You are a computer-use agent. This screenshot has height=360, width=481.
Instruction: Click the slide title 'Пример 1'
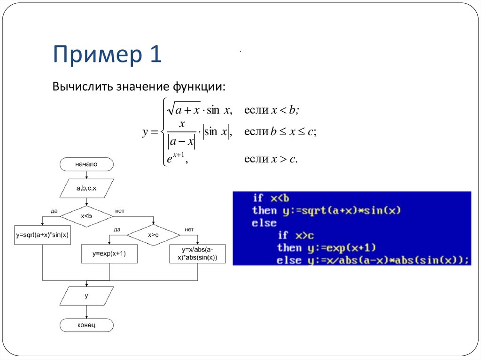click(x=107, y=54)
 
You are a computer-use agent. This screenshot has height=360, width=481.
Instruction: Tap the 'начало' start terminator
click(x=86, y=164)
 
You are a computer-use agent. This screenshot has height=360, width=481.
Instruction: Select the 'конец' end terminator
click(x=86, y=325)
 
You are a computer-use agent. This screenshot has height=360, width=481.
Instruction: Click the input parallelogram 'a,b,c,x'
click(x=86, y=188)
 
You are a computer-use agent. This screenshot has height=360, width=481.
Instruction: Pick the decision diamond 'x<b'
click(x=86, y=216)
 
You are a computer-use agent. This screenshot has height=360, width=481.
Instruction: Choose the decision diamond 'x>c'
click(x=153, y=235)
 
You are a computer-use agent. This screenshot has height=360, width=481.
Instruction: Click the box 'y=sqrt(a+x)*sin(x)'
click(x=42, y=235)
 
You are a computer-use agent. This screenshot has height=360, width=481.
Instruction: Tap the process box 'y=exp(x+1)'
click(x=109, y=253)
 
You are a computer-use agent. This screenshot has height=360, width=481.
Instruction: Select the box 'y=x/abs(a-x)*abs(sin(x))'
click(x=197, y=254)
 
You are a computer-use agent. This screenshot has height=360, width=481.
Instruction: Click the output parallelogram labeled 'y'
click(x=86, y=296)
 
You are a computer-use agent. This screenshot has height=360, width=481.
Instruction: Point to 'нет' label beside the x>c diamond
click(x=189, y=229)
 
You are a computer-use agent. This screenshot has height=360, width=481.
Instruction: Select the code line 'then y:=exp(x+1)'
click(x=327, y=247)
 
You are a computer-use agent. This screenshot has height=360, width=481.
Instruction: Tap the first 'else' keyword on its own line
click(x=264, y=223)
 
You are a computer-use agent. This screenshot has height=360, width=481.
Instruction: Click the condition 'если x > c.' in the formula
click(x=271, y=160)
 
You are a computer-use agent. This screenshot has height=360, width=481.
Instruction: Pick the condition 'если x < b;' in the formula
click(x=272, y=110)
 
